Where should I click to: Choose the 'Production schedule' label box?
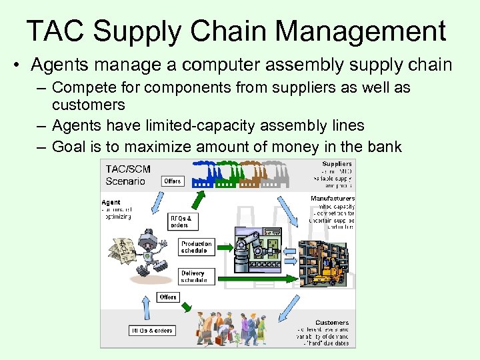click(197, 247)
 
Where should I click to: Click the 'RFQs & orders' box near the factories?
click(180, 221)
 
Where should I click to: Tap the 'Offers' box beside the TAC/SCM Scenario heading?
click(173, 181)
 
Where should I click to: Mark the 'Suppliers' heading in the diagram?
click(337, 164)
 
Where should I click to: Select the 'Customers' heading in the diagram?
click(331, 323)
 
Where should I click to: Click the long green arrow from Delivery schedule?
click(253, 277)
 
